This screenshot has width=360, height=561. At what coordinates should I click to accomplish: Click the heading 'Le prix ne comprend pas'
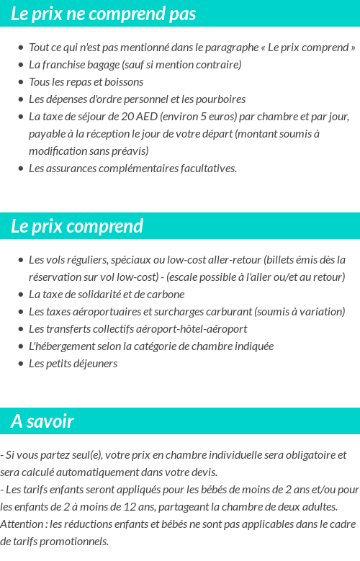(103, 14)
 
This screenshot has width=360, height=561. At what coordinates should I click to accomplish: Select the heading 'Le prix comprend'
(77, 226)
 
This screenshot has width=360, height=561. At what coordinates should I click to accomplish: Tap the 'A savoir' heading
(42, 421)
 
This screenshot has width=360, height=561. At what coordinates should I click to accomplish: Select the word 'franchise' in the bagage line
(62, 65)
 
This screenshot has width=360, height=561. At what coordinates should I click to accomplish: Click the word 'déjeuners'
(95, 364)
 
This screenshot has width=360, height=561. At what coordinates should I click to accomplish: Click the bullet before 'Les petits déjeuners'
(21, 364)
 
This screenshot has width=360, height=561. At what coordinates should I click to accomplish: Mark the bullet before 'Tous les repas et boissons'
(21, 82)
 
